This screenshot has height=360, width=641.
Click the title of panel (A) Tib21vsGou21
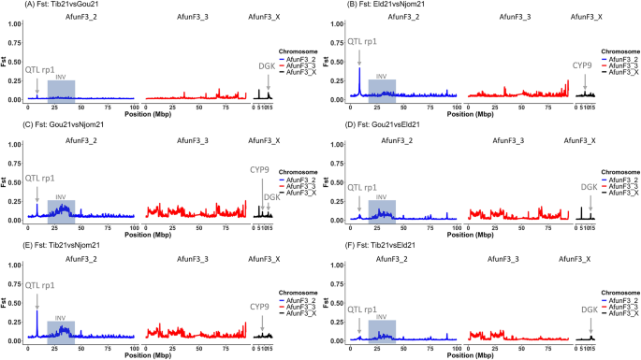pos(44,5)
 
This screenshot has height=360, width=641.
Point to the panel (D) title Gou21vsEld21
pos(368,124)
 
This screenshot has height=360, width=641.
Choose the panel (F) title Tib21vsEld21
pos(365,245)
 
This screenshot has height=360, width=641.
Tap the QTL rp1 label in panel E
pos(39,281)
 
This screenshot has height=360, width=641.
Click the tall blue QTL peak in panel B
pos(359,75)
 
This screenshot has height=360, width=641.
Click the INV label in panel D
pos(382,197)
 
